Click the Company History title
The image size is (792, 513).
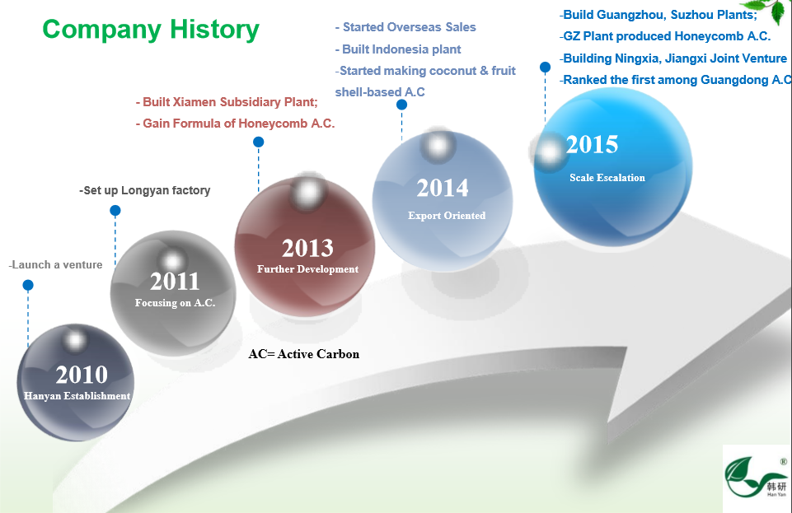coord(151,30)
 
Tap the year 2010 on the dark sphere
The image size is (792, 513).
coord(82,375)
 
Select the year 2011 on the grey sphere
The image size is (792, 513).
coord(175,282)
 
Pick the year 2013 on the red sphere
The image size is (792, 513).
coord(307,248)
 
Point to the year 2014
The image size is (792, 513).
coord(443,188)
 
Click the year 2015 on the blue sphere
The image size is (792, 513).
coord(592,145)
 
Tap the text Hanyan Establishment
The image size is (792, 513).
coord(77,396)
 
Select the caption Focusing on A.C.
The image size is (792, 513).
coord(176,303)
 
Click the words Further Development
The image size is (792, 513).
coord(307,269)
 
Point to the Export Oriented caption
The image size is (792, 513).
coord(447,216)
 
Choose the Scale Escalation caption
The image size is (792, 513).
coord(607,178)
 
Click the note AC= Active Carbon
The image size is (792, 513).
coord(304,354)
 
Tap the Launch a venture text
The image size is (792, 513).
coord(55,265)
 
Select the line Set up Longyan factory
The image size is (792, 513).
coord(145,191)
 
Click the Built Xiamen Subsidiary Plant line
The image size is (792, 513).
coord(227,102)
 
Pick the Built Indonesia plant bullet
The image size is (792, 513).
coord(398,49)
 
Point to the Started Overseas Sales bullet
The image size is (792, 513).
coord(405,27)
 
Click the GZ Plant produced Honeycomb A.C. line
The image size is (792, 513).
coord(665,36)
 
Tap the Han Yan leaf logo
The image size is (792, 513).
coord(756,477)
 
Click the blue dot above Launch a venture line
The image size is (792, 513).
coord(28,286)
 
